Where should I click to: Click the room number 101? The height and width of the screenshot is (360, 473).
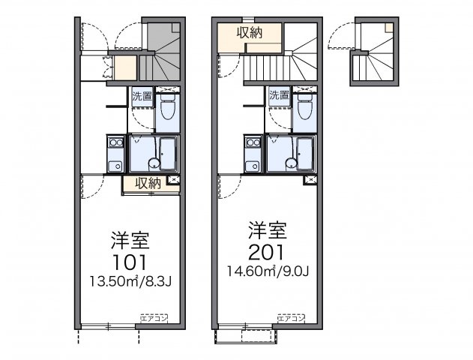130,262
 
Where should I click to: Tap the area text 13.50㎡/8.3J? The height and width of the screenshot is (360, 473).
130,283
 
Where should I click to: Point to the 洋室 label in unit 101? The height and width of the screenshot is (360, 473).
130,241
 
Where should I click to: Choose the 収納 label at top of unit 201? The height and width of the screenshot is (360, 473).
250,31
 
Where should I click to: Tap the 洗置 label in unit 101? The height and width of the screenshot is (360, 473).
142,96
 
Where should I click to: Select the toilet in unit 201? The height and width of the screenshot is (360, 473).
304,109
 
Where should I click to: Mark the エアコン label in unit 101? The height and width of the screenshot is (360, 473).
153,318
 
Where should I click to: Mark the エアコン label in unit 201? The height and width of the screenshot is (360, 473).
292,318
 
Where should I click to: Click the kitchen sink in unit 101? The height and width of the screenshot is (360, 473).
115,166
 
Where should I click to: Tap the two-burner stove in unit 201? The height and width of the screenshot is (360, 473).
253,142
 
